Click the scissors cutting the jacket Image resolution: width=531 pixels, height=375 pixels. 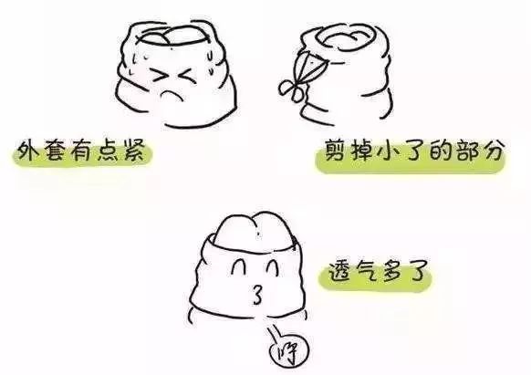pos(299,75)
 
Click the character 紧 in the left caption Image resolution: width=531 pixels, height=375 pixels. pos(134,150)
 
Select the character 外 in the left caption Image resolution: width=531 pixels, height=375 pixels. pos(27,151)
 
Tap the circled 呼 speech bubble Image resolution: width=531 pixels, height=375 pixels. pos(289,352)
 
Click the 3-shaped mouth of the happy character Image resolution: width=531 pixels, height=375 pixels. pos(257,295)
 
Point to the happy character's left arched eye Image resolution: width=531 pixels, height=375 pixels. pos(239,267)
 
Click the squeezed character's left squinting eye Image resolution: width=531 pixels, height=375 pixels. pos(159,76)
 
